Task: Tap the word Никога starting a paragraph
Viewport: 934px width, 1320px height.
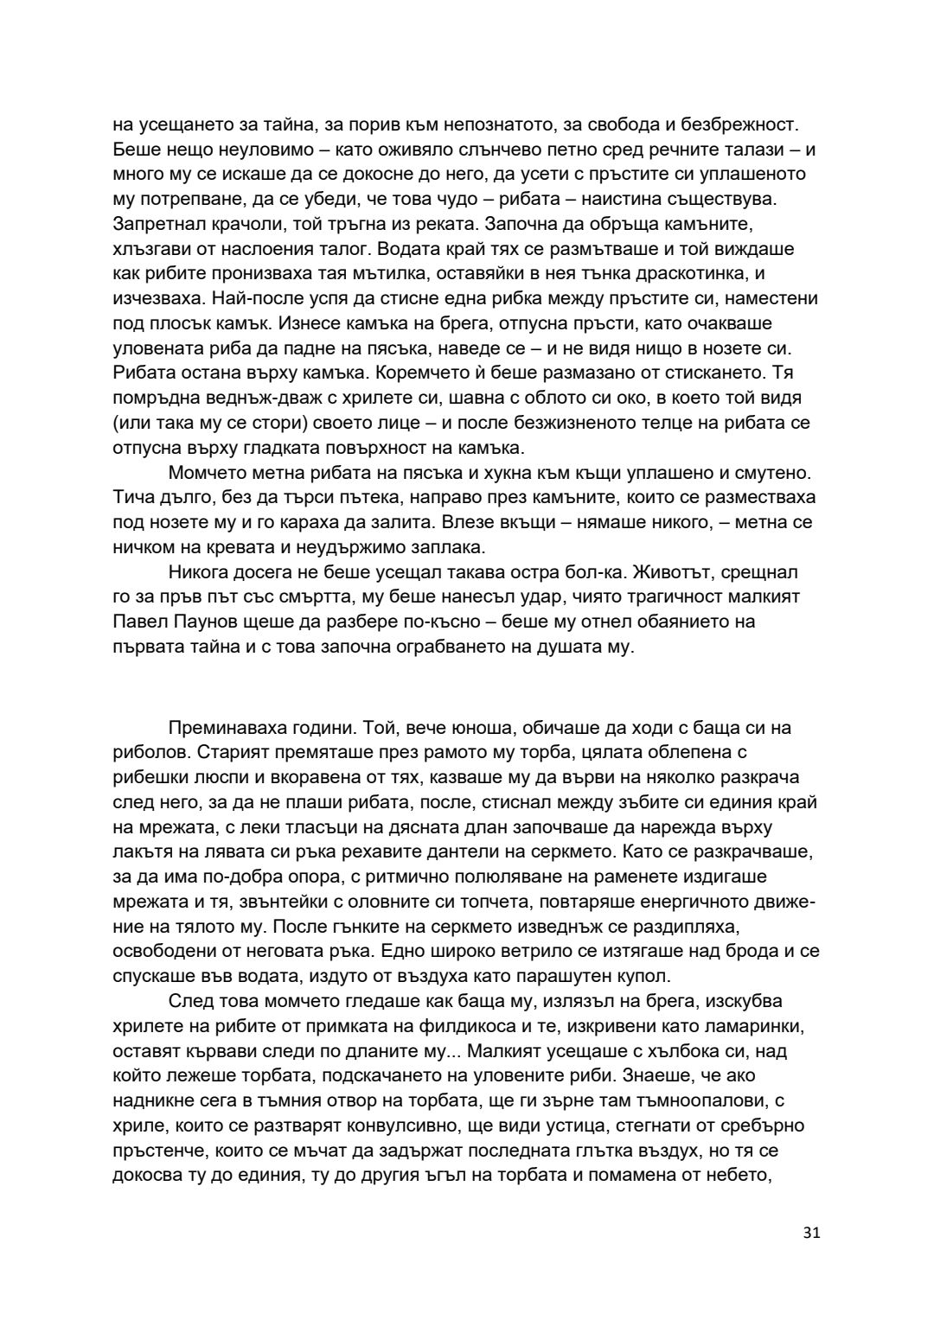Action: [198, 572]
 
